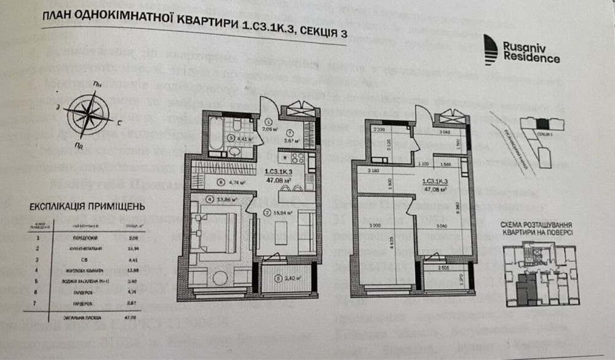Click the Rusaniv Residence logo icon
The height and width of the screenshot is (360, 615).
[x=491, y=49]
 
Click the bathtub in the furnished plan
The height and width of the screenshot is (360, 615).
[x=213, y=135]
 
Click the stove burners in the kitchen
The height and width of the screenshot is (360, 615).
[x=295, y=157]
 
